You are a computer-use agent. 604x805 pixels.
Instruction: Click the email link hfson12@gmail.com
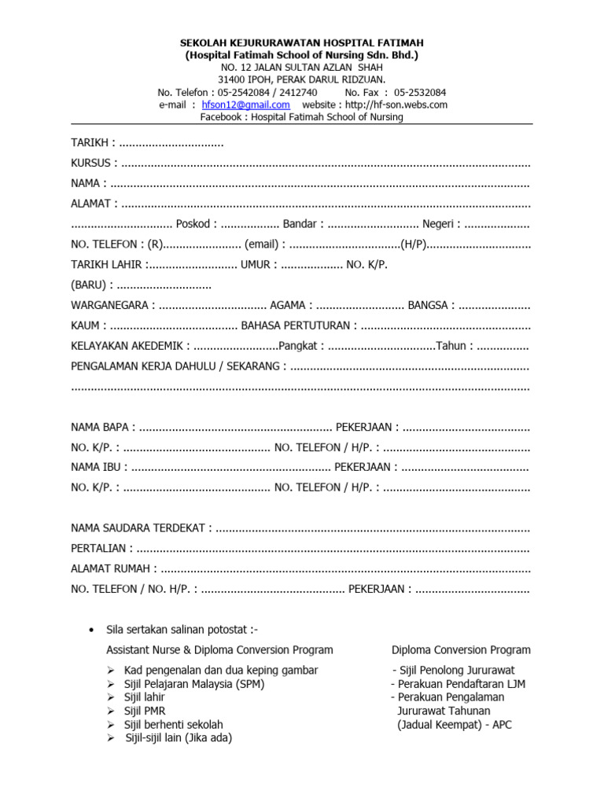tap(245, 105)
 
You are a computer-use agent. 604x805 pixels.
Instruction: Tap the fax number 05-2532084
tap(420, 92)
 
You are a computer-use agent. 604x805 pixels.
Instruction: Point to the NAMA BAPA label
tap(100, 428)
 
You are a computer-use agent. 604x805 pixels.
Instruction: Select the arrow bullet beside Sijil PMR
tap(112, 711)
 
